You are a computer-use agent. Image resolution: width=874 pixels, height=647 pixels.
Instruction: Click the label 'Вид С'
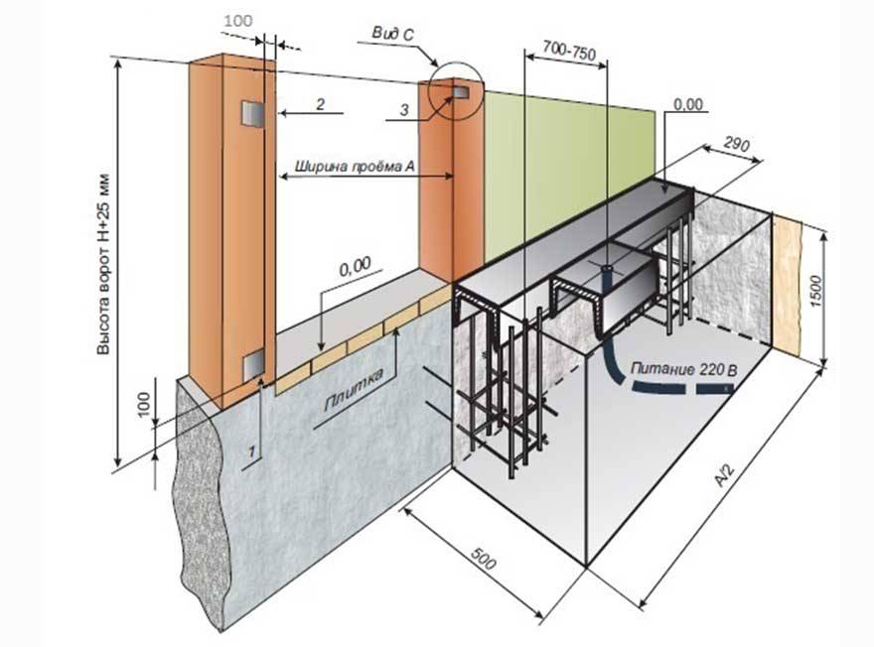pos(393,35)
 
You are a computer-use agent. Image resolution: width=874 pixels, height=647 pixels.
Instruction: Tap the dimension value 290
pos(736,143)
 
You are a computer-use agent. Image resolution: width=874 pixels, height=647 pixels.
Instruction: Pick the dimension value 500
pos(483,559)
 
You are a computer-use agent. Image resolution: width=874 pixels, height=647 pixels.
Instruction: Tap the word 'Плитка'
pos(353,390)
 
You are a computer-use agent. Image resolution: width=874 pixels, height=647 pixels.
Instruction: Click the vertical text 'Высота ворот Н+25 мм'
pos(103,265)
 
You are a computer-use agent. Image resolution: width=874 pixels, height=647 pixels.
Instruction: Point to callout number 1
pos(252,452)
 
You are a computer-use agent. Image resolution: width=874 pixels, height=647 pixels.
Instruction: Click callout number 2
pos(320,103)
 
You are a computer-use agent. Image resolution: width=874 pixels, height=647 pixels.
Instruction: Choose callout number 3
pos(404,110)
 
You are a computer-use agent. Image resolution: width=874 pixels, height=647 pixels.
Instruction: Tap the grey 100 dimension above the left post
pos(238,21)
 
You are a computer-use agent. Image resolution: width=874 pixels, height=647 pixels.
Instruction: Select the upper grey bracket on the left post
pos(252,114)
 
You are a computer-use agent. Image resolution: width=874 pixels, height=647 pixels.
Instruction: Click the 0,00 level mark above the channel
pos(688,104)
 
